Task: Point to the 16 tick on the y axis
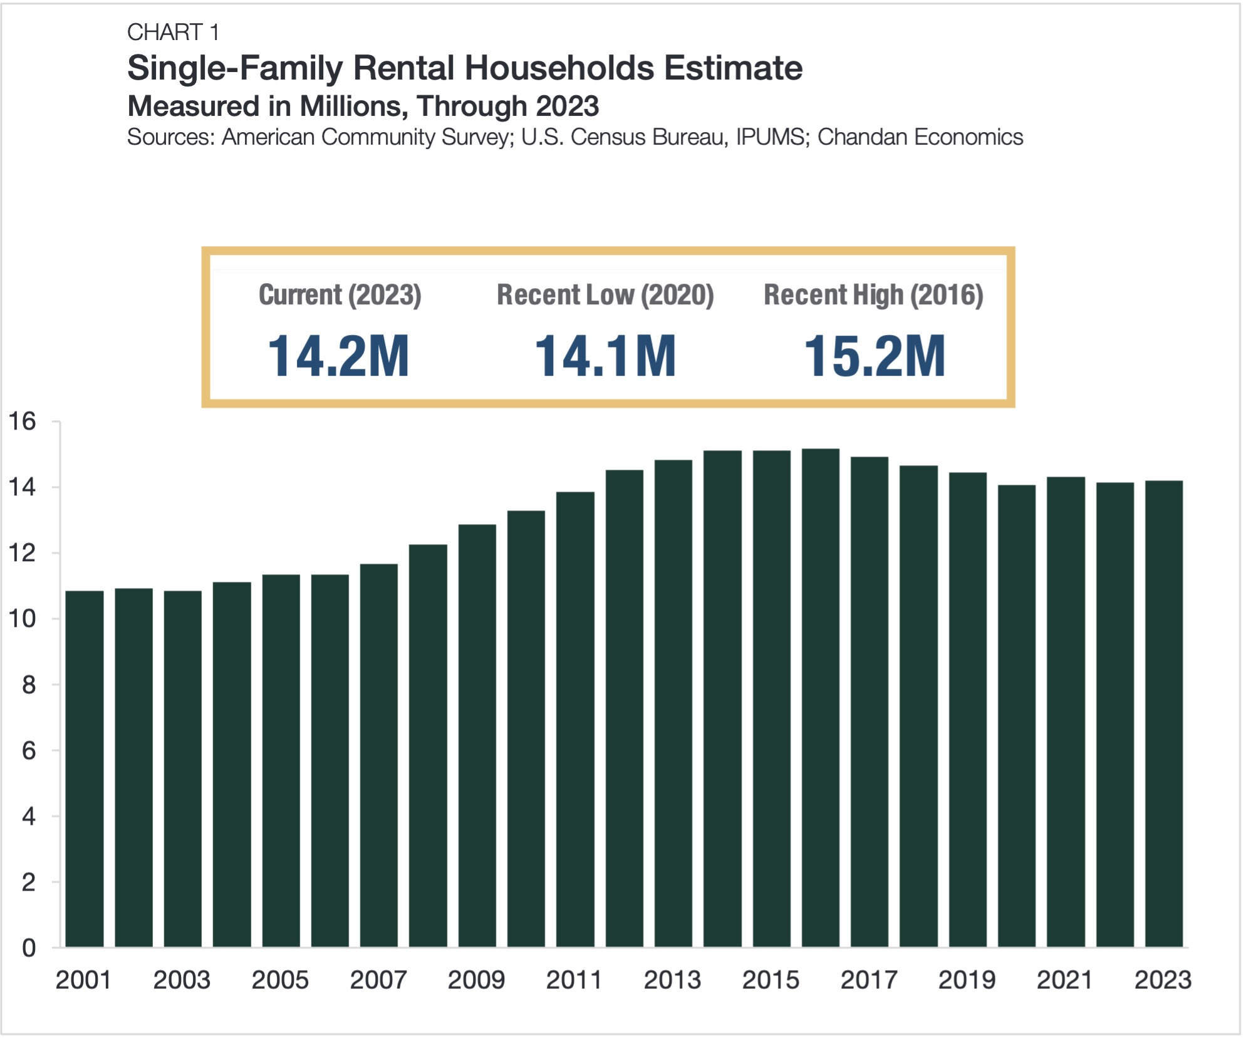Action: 22,421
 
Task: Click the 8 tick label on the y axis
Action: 28,685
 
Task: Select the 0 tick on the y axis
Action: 28,948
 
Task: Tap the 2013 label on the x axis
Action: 672,980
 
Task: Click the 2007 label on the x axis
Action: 378,980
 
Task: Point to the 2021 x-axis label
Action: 1064,980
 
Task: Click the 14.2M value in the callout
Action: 338,356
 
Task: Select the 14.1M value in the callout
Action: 605,356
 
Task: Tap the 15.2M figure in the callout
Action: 875,356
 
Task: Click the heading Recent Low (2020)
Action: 605,295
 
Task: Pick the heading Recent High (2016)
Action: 873,295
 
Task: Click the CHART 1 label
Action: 173,32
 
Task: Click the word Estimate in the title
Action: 733,68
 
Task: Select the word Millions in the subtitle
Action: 353,106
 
